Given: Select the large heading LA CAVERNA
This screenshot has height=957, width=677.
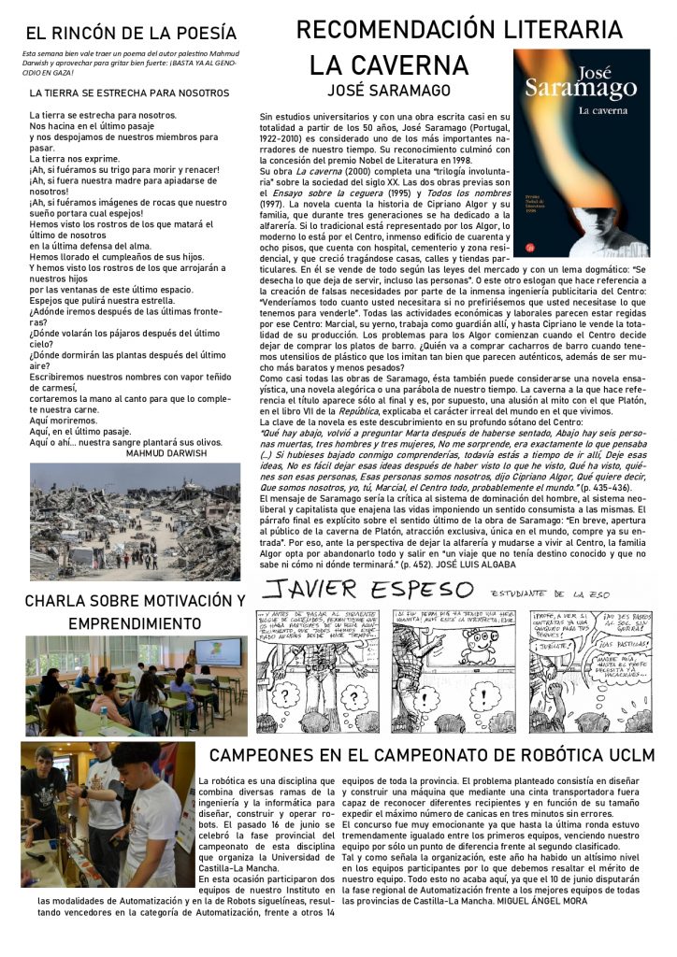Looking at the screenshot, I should coord(389,65).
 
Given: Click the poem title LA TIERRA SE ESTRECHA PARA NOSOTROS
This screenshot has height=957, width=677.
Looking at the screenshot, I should coord(129,93).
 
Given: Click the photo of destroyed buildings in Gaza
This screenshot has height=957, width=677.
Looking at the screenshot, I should coord(135,521).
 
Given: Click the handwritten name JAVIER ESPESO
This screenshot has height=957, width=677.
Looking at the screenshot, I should coord(368,591).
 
